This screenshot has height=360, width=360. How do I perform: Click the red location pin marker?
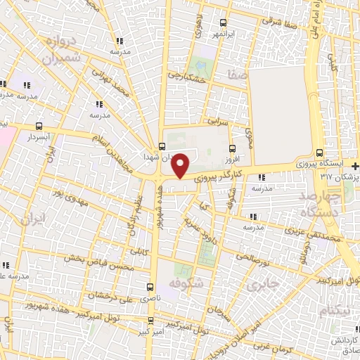[181, 165]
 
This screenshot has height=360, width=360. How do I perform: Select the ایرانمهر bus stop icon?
[224, 22]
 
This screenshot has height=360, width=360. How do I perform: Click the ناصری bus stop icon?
[150, 287]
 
